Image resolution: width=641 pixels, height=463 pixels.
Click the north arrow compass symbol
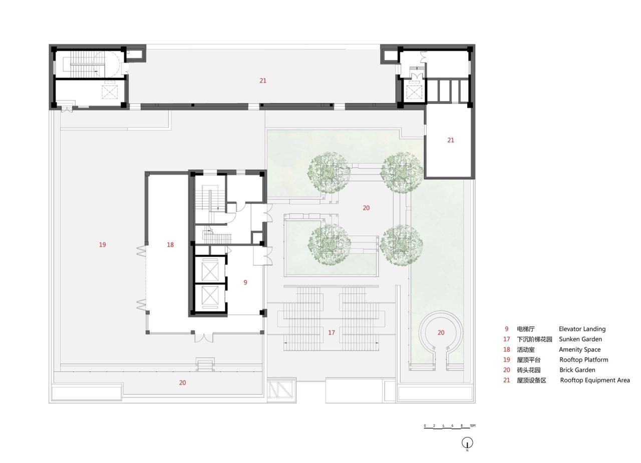[467, 443]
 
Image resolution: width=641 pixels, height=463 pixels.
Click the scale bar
[447, 427]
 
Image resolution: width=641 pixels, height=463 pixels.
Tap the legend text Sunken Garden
[580, 339]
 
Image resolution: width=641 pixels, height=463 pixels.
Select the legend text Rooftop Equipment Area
[594, 380]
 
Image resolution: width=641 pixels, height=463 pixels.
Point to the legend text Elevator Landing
[582, 329]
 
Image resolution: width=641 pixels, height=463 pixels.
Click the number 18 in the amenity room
[170, 244]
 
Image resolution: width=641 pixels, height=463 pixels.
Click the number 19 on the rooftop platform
[102, 244]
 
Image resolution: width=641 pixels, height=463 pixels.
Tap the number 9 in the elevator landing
[245, 282]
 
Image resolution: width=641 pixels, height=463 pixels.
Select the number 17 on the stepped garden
[331, 332]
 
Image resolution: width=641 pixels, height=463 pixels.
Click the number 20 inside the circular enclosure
[441, 332]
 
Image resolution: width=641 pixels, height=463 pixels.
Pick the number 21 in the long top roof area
[263, 80]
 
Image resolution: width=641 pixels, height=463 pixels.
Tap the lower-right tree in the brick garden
[401, 244]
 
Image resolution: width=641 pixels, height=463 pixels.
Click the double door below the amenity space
[203, 337]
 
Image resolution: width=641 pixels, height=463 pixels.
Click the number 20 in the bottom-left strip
[182, 382]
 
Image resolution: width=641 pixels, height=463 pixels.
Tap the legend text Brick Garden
[577, 370]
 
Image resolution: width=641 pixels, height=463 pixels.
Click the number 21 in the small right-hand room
[450, 140]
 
